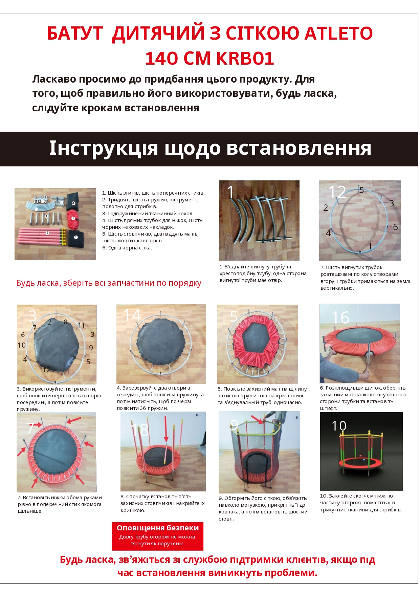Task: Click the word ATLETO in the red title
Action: [338, 34]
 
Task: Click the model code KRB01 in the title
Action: [245, 58]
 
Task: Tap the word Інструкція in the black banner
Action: [104, 148]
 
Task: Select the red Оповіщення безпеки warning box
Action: [158, 536]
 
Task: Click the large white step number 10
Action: [339, 426]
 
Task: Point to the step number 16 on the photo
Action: [340, 318]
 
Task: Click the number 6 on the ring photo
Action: [395, 227]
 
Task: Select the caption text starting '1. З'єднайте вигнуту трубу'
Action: [263, 273]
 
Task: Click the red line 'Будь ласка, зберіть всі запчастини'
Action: [109, 283]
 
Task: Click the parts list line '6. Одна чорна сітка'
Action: [127, 248]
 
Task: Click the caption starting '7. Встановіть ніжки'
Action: [60, 504]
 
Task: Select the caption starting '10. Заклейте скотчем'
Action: [361, 503]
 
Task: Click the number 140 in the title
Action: [162, 58]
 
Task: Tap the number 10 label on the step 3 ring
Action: [21, 345]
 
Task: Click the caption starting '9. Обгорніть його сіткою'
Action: [263, 508]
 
